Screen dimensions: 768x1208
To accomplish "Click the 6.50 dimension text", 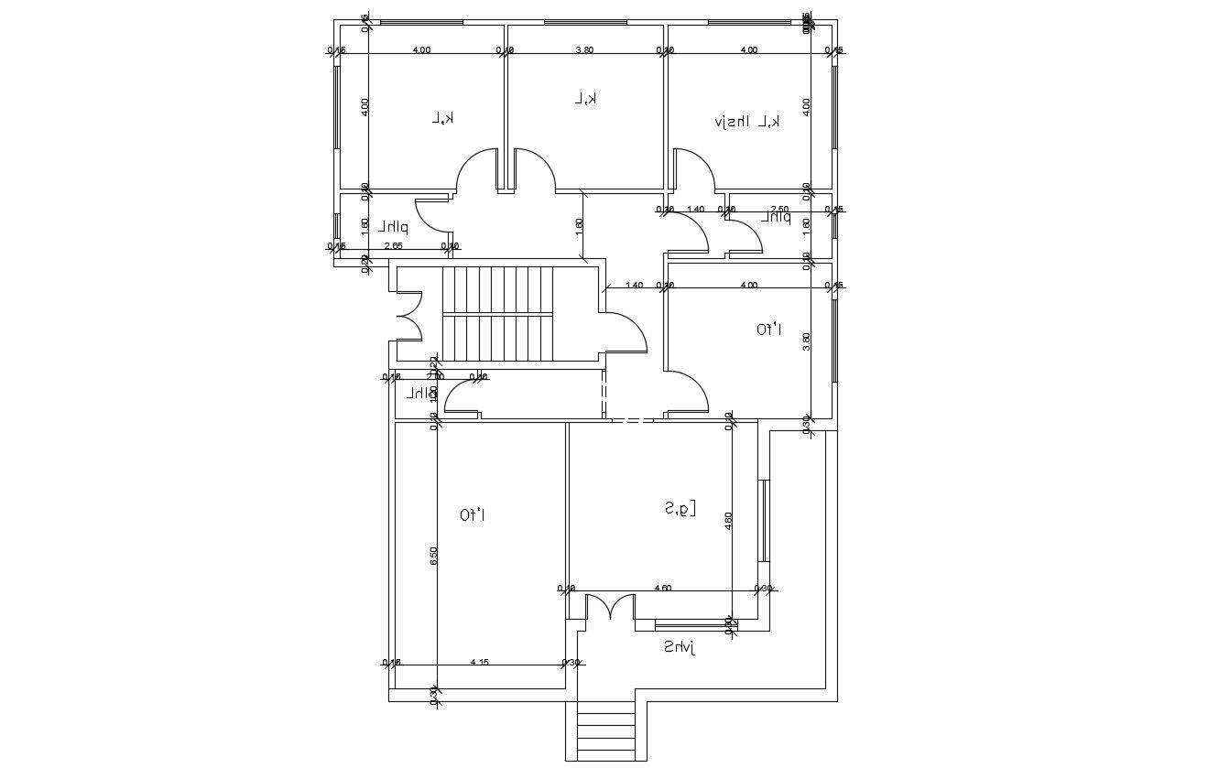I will (434, 556).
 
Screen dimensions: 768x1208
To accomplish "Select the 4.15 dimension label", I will (479, 662).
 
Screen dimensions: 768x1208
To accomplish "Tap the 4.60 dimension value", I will (663, 588).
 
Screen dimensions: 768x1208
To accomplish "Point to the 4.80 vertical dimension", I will (729, 521).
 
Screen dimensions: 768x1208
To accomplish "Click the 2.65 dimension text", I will (393, 245).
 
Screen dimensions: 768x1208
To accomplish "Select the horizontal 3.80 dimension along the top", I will (584, 50).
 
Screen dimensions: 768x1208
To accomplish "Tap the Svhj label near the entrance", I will (680, 647).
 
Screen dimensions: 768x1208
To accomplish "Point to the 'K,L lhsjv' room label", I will (747, 121).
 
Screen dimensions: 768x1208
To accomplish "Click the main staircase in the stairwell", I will (497, 315).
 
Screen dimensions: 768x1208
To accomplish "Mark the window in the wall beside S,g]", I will (762, 520).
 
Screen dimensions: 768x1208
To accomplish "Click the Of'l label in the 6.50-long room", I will (472, 515).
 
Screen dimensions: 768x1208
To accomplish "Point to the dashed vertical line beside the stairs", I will (604, 394).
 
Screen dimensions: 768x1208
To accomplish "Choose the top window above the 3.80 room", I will (584, 22).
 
